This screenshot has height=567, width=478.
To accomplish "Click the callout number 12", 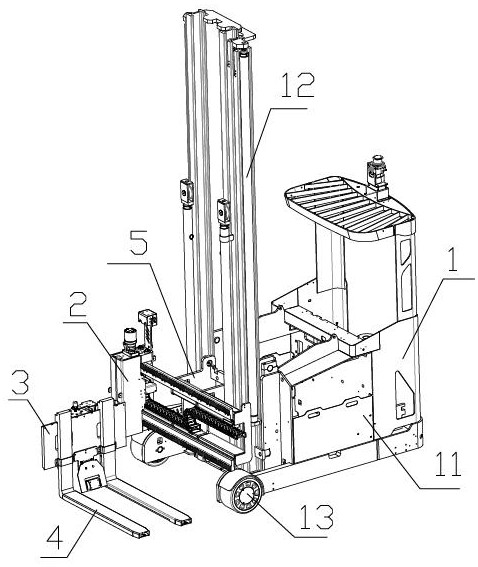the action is (298, 85).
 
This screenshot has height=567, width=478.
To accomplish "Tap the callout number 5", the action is (138, 243).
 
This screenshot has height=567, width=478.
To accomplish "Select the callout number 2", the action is (78, 305).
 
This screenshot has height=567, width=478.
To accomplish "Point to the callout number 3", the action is (20, 381).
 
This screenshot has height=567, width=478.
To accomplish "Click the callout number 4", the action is (55, 538).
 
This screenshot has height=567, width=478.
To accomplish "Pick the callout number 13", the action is (316, 517).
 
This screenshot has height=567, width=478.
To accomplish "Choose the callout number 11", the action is (448, 464).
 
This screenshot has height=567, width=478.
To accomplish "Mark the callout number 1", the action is (453, 259).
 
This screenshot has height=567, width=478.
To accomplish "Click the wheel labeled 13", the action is (239, 493).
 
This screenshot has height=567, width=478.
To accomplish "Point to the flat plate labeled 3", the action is (49, 446).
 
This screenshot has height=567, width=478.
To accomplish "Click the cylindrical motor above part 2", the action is (129, 339).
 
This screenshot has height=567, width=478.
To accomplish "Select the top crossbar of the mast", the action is (219, 25).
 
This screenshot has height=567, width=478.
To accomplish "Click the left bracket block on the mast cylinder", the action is (186, 192).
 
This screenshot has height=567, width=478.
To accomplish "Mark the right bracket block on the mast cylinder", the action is (223, 211).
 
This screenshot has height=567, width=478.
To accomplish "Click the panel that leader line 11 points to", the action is (334, 429).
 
